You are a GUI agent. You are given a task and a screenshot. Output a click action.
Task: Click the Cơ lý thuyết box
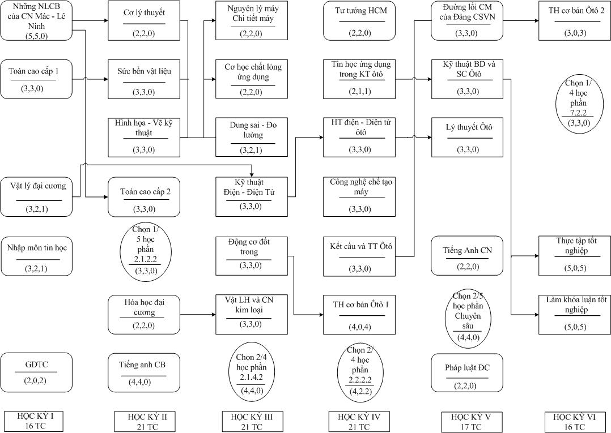144,20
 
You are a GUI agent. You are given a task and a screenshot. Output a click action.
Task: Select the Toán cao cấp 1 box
36,79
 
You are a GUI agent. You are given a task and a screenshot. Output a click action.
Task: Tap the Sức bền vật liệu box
144,79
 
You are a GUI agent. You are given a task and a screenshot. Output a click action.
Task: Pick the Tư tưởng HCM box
360,20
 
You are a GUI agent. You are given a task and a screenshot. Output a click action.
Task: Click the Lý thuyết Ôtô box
467,138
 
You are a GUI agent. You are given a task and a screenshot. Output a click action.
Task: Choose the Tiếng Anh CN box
467,256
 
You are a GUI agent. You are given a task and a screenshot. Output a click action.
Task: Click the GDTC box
36,372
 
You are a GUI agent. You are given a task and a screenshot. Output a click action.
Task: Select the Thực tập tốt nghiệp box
575,256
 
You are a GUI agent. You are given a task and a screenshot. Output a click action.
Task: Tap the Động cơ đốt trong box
252,256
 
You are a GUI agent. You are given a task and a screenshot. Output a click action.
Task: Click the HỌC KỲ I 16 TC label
35,421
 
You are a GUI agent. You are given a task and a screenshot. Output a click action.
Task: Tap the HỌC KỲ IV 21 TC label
359,422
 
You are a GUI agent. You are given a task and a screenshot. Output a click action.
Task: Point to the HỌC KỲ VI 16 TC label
574,422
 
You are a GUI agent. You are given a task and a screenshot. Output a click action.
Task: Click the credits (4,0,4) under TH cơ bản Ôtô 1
359,327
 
